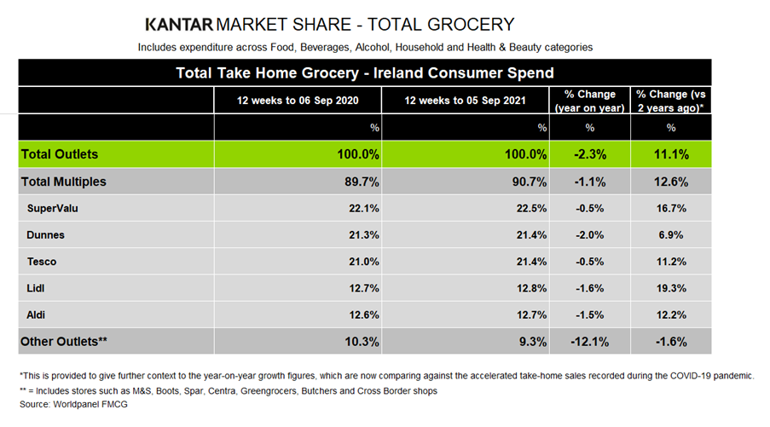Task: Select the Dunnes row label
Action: click(x=46, y=235)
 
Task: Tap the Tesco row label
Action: click(x=43, y=262)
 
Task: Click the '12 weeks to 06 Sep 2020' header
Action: click(x=298, y=101)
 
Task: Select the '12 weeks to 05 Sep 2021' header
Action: click(x=465, y=101)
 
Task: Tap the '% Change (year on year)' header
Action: click(x=590, y=101)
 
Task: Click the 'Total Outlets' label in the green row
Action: click(x=60, y=154)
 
